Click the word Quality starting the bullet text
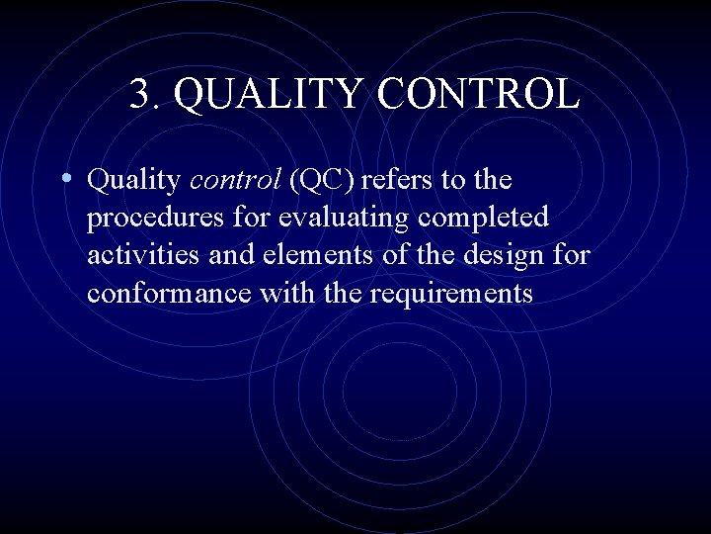point(133,181)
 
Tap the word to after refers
point(462,181)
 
